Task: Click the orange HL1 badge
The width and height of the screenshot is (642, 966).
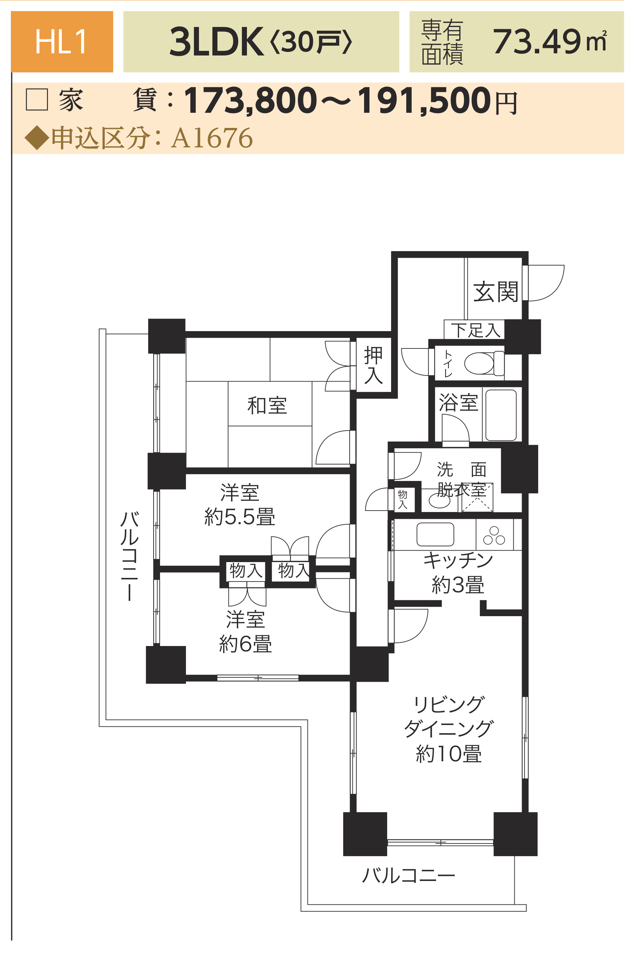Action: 62,42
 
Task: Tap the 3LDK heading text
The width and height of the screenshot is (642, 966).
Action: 216,42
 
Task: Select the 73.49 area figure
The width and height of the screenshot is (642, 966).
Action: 536,42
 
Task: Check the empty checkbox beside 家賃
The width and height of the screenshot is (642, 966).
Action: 37,99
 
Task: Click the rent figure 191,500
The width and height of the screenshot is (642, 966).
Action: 424,100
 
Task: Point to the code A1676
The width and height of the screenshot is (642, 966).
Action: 212,138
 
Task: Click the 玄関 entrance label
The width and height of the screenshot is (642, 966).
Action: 495,292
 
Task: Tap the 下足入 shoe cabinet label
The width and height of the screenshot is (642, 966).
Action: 476,330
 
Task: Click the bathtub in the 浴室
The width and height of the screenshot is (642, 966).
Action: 501,415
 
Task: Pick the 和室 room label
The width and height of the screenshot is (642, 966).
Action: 267,405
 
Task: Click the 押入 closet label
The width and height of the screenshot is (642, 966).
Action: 373,365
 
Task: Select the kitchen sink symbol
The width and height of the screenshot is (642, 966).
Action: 435,534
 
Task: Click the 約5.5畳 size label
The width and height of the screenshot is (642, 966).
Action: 239,517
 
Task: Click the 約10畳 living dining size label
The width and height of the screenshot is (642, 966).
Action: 449,754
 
